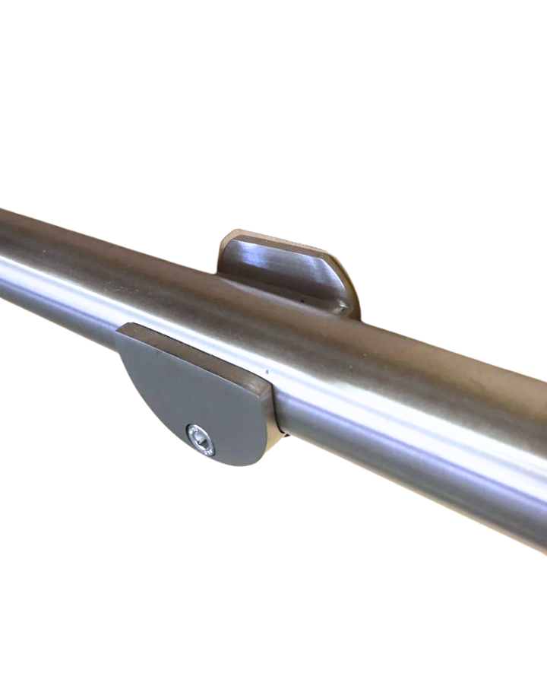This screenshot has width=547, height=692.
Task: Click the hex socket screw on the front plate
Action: coord(201,440)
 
